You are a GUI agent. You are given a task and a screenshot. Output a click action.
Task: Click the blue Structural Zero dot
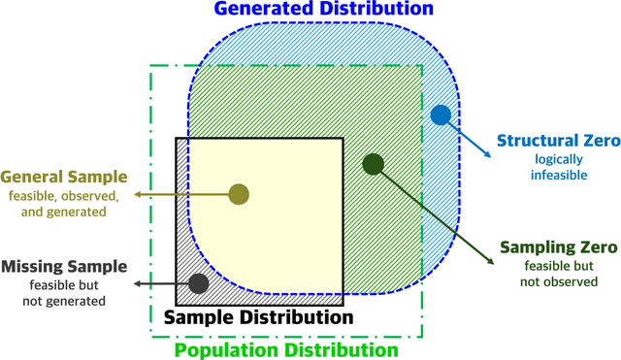click(441, 115)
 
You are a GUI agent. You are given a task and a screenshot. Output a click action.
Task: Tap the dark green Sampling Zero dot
click(374, 164)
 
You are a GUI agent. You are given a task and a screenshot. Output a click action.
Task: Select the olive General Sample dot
click(239, 194)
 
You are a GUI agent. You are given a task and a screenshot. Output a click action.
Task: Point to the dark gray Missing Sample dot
click(199, 283)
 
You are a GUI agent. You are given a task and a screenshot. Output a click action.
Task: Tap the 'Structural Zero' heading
click(558, 141)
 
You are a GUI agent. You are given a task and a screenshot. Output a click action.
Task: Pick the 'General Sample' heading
click(64, 177)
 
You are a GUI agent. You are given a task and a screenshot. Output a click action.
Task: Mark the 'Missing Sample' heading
click(64, 266)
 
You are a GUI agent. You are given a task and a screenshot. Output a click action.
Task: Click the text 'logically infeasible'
click(558, 167)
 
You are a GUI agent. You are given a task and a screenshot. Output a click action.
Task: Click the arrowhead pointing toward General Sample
click(137, 194)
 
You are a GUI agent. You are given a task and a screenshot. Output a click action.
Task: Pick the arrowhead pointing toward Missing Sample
click(137, 283)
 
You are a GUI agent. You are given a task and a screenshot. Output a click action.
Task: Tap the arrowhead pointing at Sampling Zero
click(485, 259)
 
